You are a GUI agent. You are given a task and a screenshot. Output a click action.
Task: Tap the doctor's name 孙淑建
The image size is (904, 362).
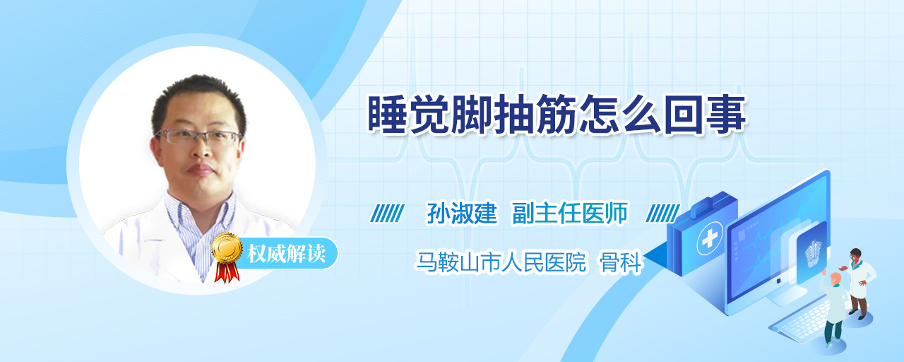(462, 213)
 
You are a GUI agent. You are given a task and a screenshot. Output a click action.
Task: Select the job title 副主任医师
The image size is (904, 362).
(570, 213)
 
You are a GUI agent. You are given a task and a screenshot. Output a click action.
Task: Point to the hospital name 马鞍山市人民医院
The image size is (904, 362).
(501, 262)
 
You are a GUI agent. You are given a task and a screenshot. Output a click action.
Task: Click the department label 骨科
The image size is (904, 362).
(620, 262)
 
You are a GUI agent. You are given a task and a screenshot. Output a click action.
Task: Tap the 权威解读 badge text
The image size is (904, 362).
(287, 254)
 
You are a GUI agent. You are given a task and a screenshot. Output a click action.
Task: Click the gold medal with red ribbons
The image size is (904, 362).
(227, 257)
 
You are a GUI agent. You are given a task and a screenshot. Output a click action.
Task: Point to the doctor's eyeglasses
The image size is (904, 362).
(198, 137)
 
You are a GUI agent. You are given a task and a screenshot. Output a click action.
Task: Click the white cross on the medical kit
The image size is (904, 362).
(709, 238)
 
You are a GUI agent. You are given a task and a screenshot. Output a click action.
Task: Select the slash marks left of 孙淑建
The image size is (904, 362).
(387, 214)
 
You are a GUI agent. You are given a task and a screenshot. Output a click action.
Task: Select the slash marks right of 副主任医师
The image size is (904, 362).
(662, 214)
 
